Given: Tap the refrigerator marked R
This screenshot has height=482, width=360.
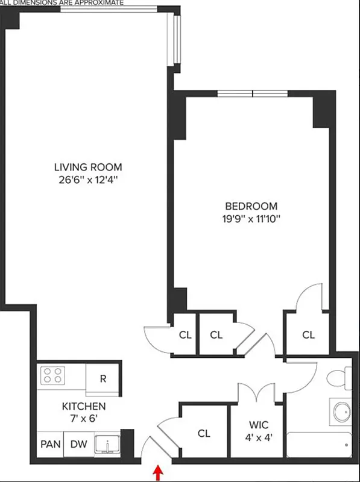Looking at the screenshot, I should [x=103, y=379].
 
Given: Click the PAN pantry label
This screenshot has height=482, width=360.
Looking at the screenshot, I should [x=49, y=445].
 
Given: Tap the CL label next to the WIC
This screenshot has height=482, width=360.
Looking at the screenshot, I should [x=203, y=433].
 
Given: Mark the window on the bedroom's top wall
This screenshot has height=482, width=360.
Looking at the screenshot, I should [x=253, y=93].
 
